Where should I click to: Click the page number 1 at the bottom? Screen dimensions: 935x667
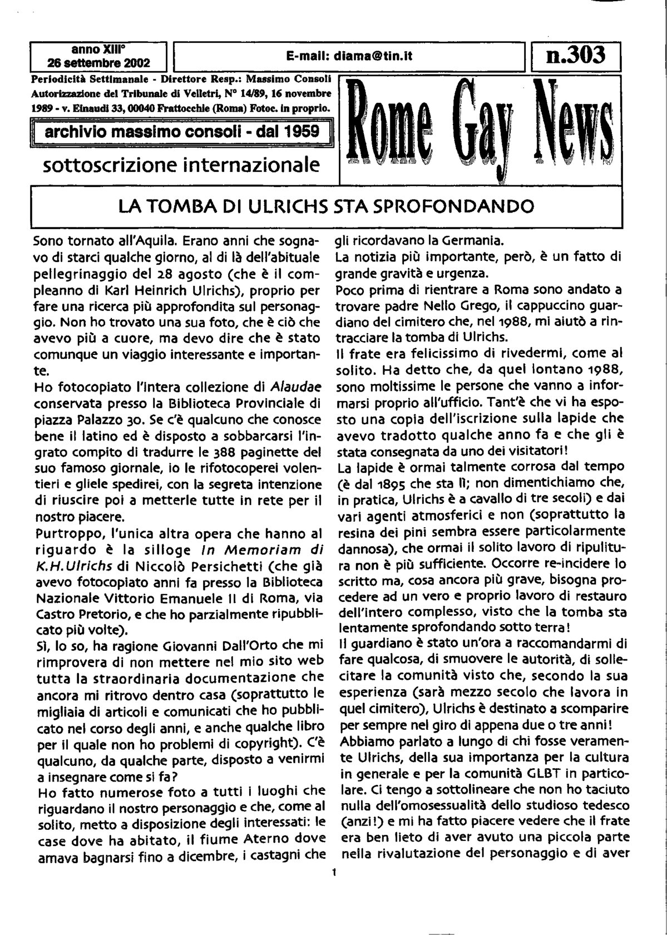pyautogui.click(x=334, y=873)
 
